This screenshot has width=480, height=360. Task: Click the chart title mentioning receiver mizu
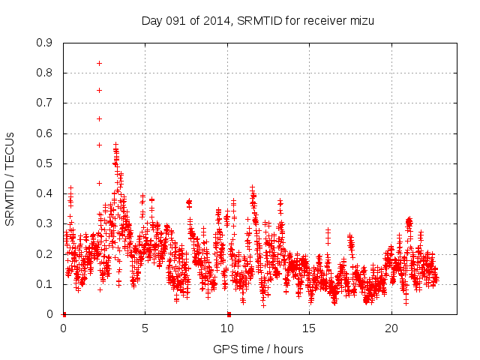(x=257, y=20)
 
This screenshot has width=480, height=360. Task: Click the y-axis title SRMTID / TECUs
(x=10, y=178)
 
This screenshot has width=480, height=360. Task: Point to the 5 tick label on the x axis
(x=145, y=328)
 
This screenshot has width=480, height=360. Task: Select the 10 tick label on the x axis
(x=227, y=328)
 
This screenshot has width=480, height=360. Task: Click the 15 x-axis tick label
(x=310, y=328)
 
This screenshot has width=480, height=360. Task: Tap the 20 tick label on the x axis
(x=391, y=328)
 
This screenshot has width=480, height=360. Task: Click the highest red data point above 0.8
(x=99, y=63)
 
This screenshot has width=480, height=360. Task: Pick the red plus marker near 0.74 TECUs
(x=99, y=90)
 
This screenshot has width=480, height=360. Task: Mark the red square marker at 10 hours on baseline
(x=229, y=314)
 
